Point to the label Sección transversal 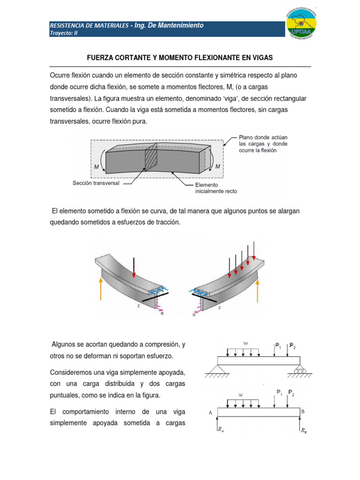click(x=96, y=183)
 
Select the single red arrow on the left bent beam click(x=134, y=267)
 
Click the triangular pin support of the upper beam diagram click(x=218, y=371)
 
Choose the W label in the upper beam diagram click(x=245, y=343)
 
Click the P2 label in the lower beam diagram click(x=292, y=392)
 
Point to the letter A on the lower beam click(x=211, y=413)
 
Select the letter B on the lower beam click(x=303, y=412)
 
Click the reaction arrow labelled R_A click(x=218, y=425)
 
